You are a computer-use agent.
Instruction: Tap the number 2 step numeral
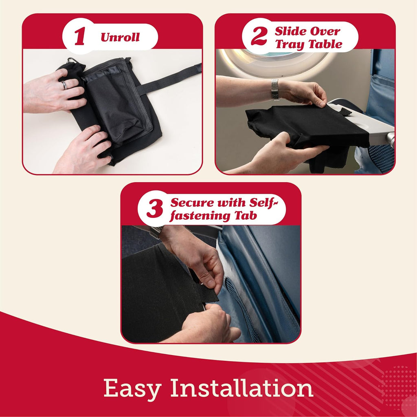259,37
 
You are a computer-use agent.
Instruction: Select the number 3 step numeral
154,208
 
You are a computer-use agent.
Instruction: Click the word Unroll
120,38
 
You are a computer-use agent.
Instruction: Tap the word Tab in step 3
246,215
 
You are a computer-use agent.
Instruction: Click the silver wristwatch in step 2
276,90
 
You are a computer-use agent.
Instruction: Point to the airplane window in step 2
277,61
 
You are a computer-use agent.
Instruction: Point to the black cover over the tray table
305,126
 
